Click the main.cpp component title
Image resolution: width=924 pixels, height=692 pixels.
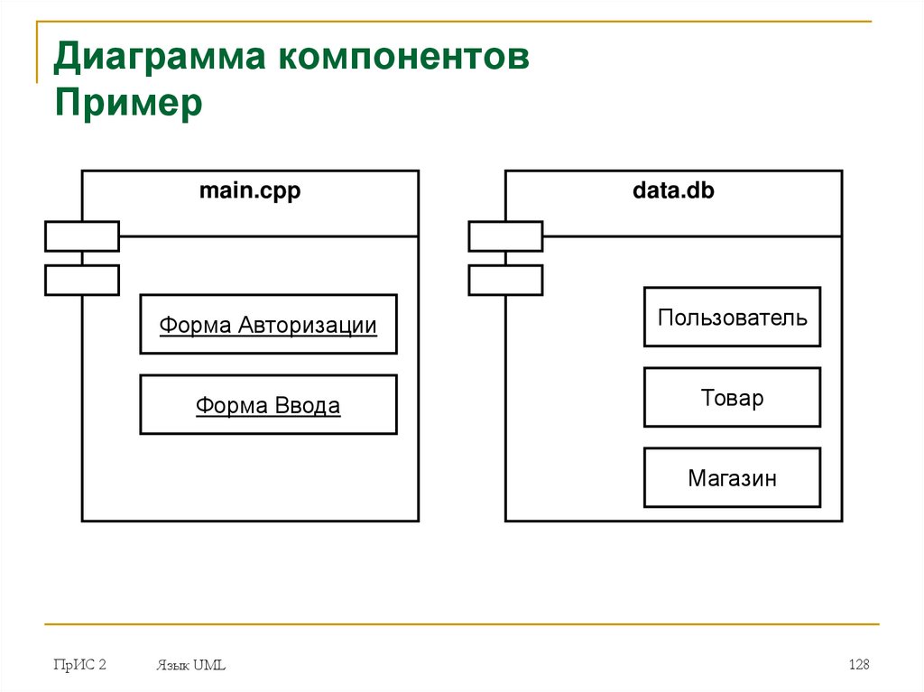250,191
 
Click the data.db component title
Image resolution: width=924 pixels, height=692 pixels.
673,191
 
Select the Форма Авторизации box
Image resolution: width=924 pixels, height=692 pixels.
268,324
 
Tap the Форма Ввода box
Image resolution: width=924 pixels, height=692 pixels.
268,405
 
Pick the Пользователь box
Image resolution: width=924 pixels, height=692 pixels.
732,317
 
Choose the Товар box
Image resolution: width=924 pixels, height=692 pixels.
732,397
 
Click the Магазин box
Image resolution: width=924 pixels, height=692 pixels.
732,477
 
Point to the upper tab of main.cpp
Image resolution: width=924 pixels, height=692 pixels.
82,235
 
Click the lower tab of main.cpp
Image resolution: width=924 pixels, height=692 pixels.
82,280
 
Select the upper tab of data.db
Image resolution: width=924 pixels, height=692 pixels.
505,235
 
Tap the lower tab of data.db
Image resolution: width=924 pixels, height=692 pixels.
505,280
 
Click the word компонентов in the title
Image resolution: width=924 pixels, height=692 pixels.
403,59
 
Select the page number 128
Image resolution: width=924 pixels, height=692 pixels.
858,665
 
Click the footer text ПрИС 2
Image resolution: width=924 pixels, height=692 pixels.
79,665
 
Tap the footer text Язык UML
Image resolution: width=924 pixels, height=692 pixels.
190,666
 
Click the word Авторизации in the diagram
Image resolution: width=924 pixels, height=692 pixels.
308,325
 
